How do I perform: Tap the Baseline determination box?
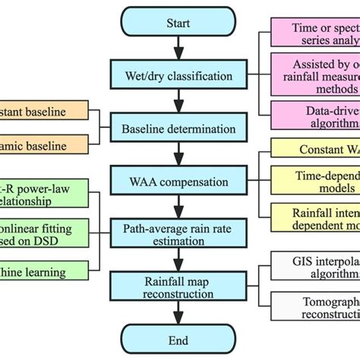point(178,129)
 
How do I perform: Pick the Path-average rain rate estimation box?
point(178,234)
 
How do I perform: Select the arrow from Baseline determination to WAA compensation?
point(178,155)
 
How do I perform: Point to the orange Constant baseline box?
point(42,112)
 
